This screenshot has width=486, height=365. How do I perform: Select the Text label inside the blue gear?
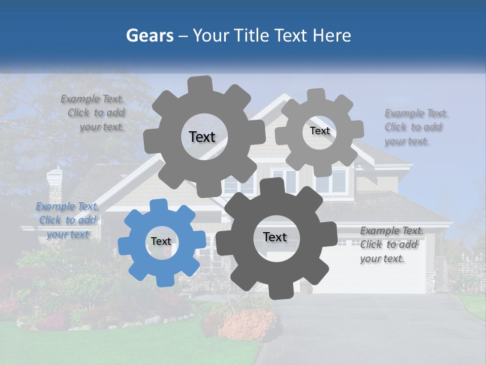click(x=161, y=241)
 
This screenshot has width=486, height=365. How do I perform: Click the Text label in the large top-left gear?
click(x=202, y=137)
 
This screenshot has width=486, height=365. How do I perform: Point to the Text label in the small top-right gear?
click(x=320, y=131)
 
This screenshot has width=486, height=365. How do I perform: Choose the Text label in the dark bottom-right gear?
click(x=275, y=237)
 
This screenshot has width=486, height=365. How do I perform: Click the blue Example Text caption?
click(x=67, y=220)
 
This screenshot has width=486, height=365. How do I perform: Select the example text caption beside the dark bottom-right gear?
click(x=392, y=244)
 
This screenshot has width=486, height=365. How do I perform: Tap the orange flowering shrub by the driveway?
click(x=248, y=322)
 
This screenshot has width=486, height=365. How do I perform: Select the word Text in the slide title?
click(x=293, y=35)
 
